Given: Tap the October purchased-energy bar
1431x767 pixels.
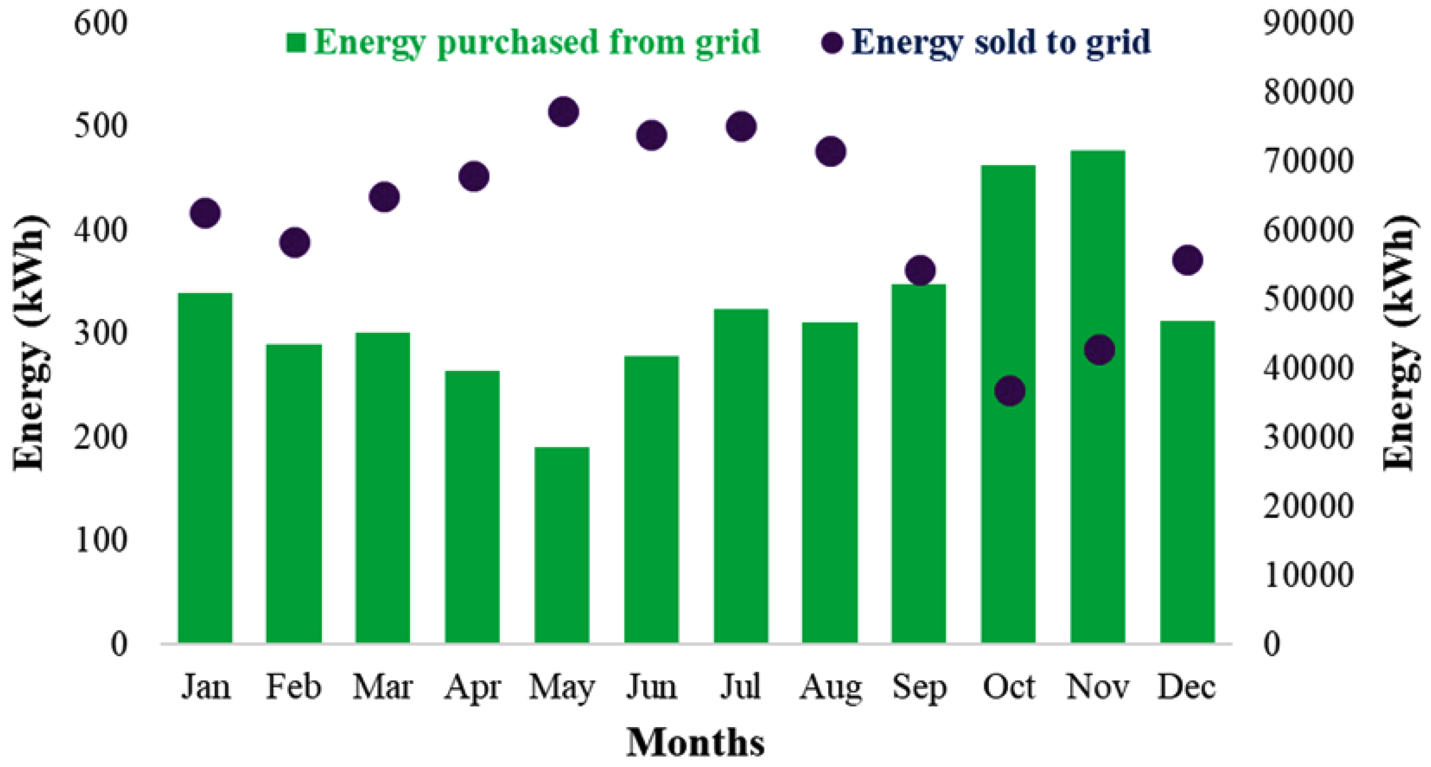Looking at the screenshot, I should click(1008, 404).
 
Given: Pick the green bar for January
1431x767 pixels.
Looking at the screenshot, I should click(205, 468).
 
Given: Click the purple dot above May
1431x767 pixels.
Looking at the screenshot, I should click(563, 112).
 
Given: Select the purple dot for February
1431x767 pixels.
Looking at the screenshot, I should click(295, 242).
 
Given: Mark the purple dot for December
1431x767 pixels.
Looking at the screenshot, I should click(1187, 260).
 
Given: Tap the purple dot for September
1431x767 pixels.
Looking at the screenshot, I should click(920, 271).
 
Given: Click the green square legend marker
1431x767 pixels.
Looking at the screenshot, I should click(296, 42).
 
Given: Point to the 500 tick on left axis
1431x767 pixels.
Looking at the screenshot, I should click(100, 126).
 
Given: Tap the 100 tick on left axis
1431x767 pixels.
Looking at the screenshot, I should click(100, 540).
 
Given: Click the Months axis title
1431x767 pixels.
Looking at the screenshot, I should click(695, 742).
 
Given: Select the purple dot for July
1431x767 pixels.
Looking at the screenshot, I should click(741, 126).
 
